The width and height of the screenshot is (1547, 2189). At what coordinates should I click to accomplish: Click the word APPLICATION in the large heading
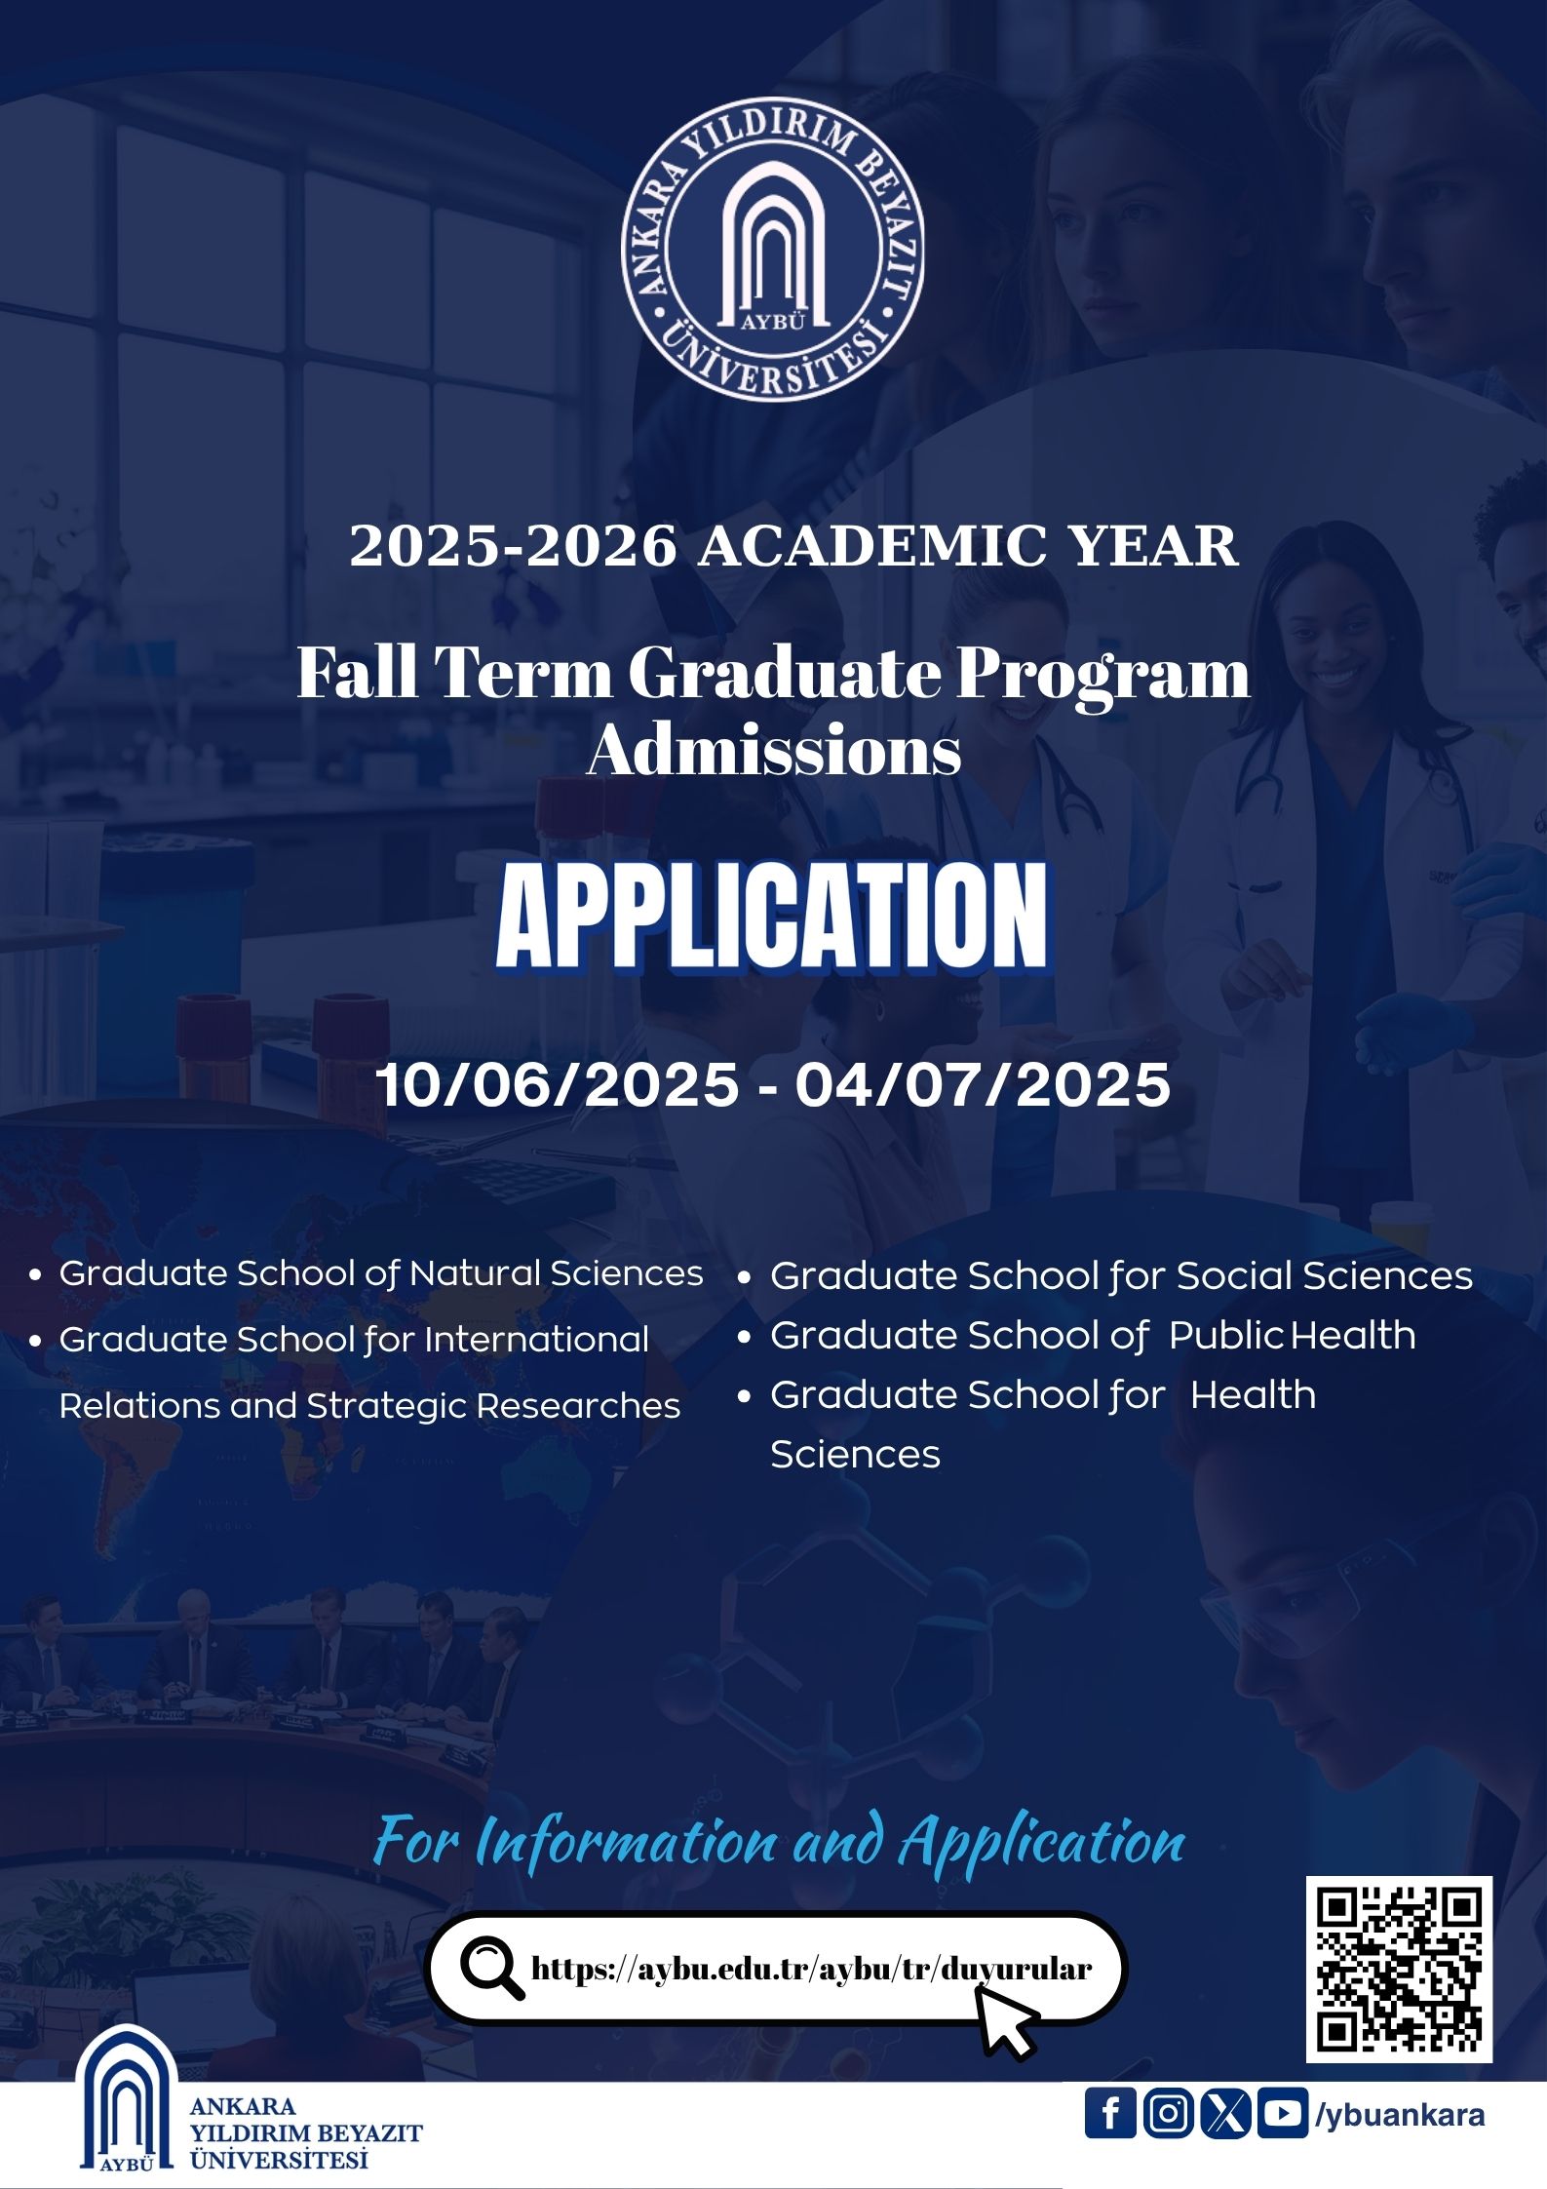(x=772, y=918)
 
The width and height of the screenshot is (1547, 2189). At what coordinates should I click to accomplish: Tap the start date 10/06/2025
(x=558, y=1085)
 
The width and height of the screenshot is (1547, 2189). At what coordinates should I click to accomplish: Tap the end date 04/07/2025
(x=983, y=1085)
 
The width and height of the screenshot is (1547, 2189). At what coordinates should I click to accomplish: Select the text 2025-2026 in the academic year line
(x=513, y=545)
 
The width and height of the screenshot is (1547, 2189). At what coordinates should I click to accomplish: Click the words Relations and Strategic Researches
(x=369, y=1406)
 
